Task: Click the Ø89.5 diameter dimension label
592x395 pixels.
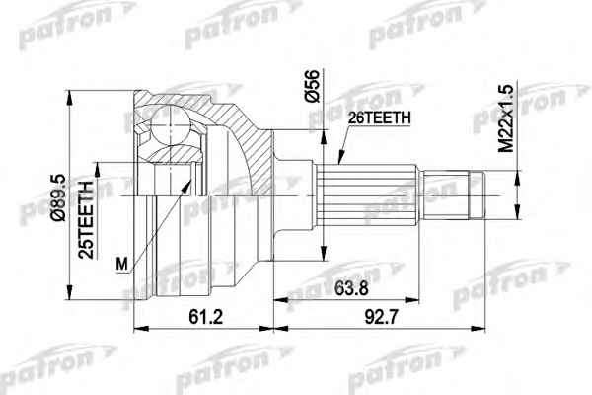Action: [x=60, y=197]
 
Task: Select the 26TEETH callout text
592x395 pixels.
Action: [x=379, y=118]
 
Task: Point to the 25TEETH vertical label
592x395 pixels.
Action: [x=86, y=220]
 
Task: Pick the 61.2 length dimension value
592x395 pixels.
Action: [x=206, y=317]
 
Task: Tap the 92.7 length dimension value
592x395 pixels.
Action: [x=381, y=317]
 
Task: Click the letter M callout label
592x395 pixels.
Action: [x=122, y=264]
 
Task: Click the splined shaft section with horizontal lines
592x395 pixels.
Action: [x=366, y=196]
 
